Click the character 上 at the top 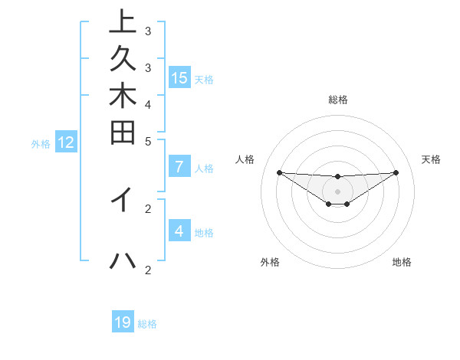(x=123, y=23)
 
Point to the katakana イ (x=123, y=199)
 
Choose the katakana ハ (x=123, y=260)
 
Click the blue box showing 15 (x=179, y=77)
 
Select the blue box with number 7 (x=179, y=167)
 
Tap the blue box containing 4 (x=179, y=231)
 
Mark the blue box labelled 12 (x=66, y=142)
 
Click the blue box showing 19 (x=123, y=322)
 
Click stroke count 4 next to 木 (x=148, y=103)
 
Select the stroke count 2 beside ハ (x=148, y=269)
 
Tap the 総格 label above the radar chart (x=338, y=100)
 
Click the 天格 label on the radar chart (x=432, y=159)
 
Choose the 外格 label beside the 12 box (x=41, y=143)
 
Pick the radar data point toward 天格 (x=396, y=172)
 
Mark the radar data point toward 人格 (x=279, y=172)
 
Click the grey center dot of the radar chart (x=338, y=191)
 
